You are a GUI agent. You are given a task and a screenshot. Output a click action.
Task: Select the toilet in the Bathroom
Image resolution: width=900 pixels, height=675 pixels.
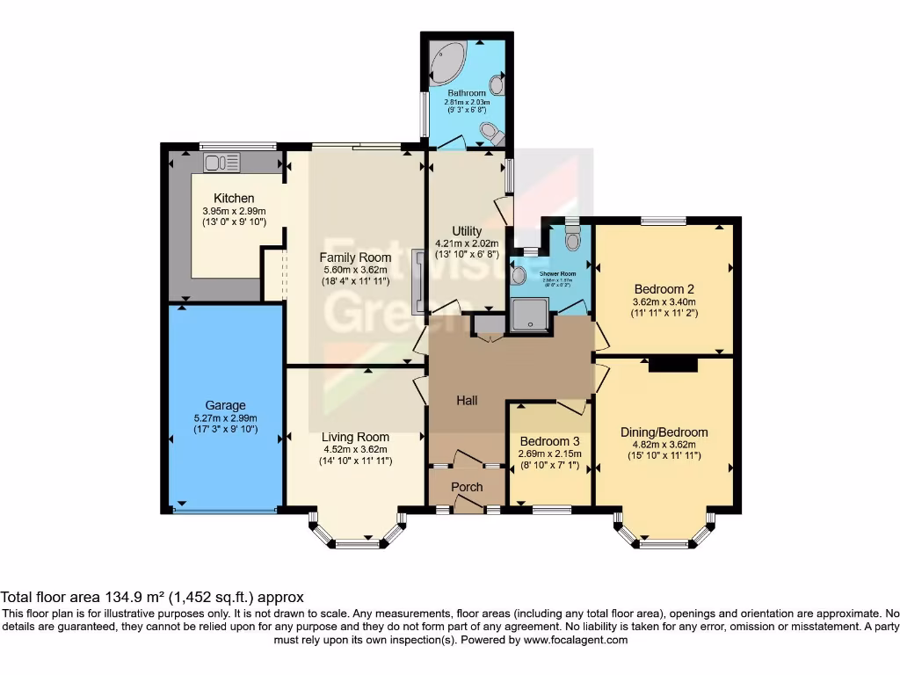click(491, 133)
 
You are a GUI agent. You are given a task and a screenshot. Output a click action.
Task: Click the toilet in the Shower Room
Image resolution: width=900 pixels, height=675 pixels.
click(573, 238)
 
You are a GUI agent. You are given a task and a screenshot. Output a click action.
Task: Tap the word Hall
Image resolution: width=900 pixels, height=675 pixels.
click(467, 401)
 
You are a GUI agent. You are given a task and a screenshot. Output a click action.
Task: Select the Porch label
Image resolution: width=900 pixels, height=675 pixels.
click(467, 487)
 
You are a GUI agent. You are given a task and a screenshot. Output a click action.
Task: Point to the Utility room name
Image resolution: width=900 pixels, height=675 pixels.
click(467, 230)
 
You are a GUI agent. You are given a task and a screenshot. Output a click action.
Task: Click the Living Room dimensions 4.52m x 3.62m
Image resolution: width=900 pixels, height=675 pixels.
click(355, 449)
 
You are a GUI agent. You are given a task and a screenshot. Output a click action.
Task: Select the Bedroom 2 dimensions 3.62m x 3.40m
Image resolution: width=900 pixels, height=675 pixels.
click(664, 301)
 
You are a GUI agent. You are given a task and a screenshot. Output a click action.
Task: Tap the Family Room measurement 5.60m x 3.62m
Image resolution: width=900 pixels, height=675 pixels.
click(355, 271)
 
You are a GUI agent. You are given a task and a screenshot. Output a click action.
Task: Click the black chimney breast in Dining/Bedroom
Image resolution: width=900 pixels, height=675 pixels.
click(672, 365)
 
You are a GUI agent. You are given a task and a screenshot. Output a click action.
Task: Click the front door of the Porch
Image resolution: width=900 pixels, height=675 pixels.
click(467, 504)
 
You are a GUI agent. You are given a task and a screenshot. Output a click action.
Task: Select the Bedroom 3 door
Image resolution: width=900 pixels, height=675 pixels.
click(571, 407)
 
